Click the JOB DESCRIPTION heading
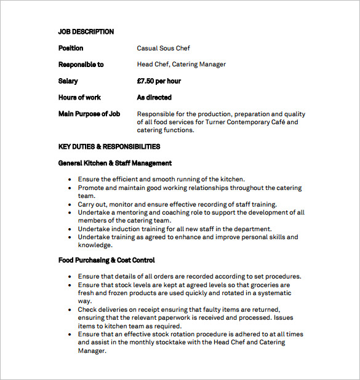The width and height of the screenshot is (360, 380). click(x=86, y=31)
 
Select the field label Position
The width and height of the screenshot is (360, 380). click(x=70, y=48)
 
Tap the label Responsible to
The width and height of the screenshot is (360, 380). click(x=81, y=65)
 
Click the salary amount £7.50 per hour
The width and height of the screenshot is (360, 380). click(x=159, y=81)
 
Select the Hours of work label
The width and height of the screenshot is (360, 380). click(x=79, y=97)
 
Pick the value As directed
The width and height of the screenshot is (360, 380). click(x=154, y=97)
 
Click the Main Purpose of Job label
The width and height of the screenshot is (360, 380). click(x=89, y=114)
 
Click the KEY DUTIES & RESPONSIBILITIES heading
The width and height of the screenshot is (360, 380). click(x=109, y=146)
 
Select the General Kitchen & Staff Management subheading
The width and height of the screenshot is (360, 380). click(x=114, y=163)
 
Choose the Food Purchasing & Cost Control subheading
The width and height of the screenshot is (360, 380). click(x=106, y=260)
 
